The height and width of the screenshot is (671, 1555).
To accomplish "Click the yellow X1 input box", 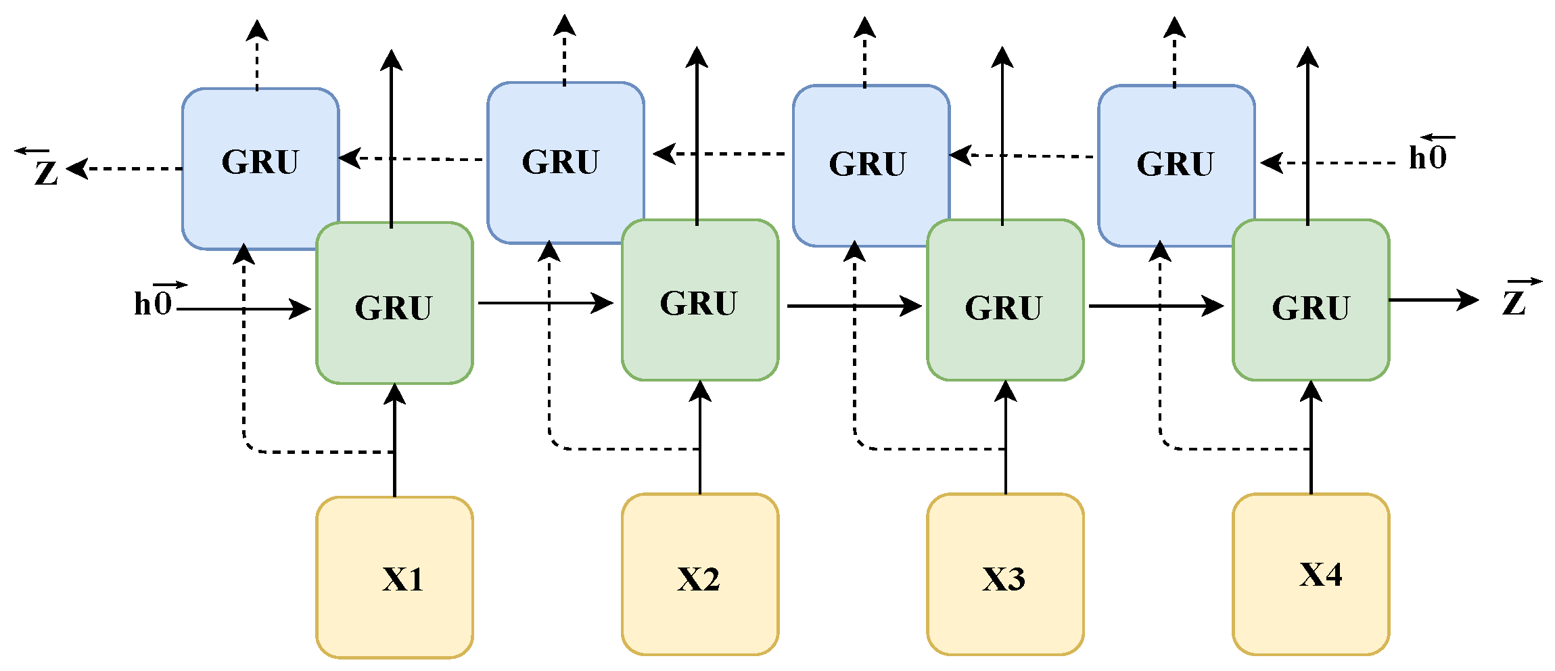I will point(394,577).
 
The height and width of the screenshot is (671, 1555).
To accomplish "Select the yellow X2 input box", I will point(700,574).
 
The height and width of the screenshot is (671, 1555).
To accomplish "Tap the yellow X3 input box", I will point(1005,574).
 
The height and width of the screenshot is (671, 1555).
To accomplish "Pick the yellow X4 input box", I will point(1311,574).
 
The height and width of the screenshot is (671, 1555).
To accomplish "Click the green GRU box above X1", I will point(394,303).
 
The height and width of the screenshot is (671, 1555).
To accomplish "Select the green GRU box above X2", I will point(700,300).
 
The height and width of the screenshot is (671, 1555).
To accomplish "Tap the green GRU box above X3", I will point(1005,300).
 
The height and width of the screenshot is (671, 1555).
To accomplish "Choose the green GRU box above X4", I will point(1311,300).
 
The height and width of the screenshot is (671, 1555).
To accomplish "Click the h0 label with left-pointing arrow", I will point(1429,156).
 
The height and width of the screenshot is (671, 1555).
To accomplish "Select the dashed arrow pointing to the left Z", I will point(125,168).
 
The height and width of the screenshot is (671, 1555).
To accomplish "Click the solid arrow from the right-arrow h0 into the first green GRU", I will point(243,309).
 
